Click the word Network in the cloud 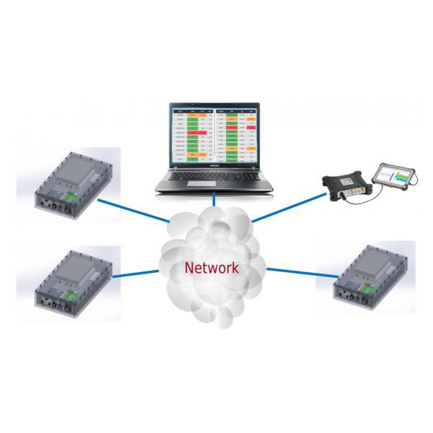point(211,267)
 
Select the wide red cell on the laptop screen point(197,133)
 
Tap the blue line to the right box point(299,272)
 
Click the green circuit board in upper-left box point(71,196)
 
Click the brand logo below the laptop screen point(214,165)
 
